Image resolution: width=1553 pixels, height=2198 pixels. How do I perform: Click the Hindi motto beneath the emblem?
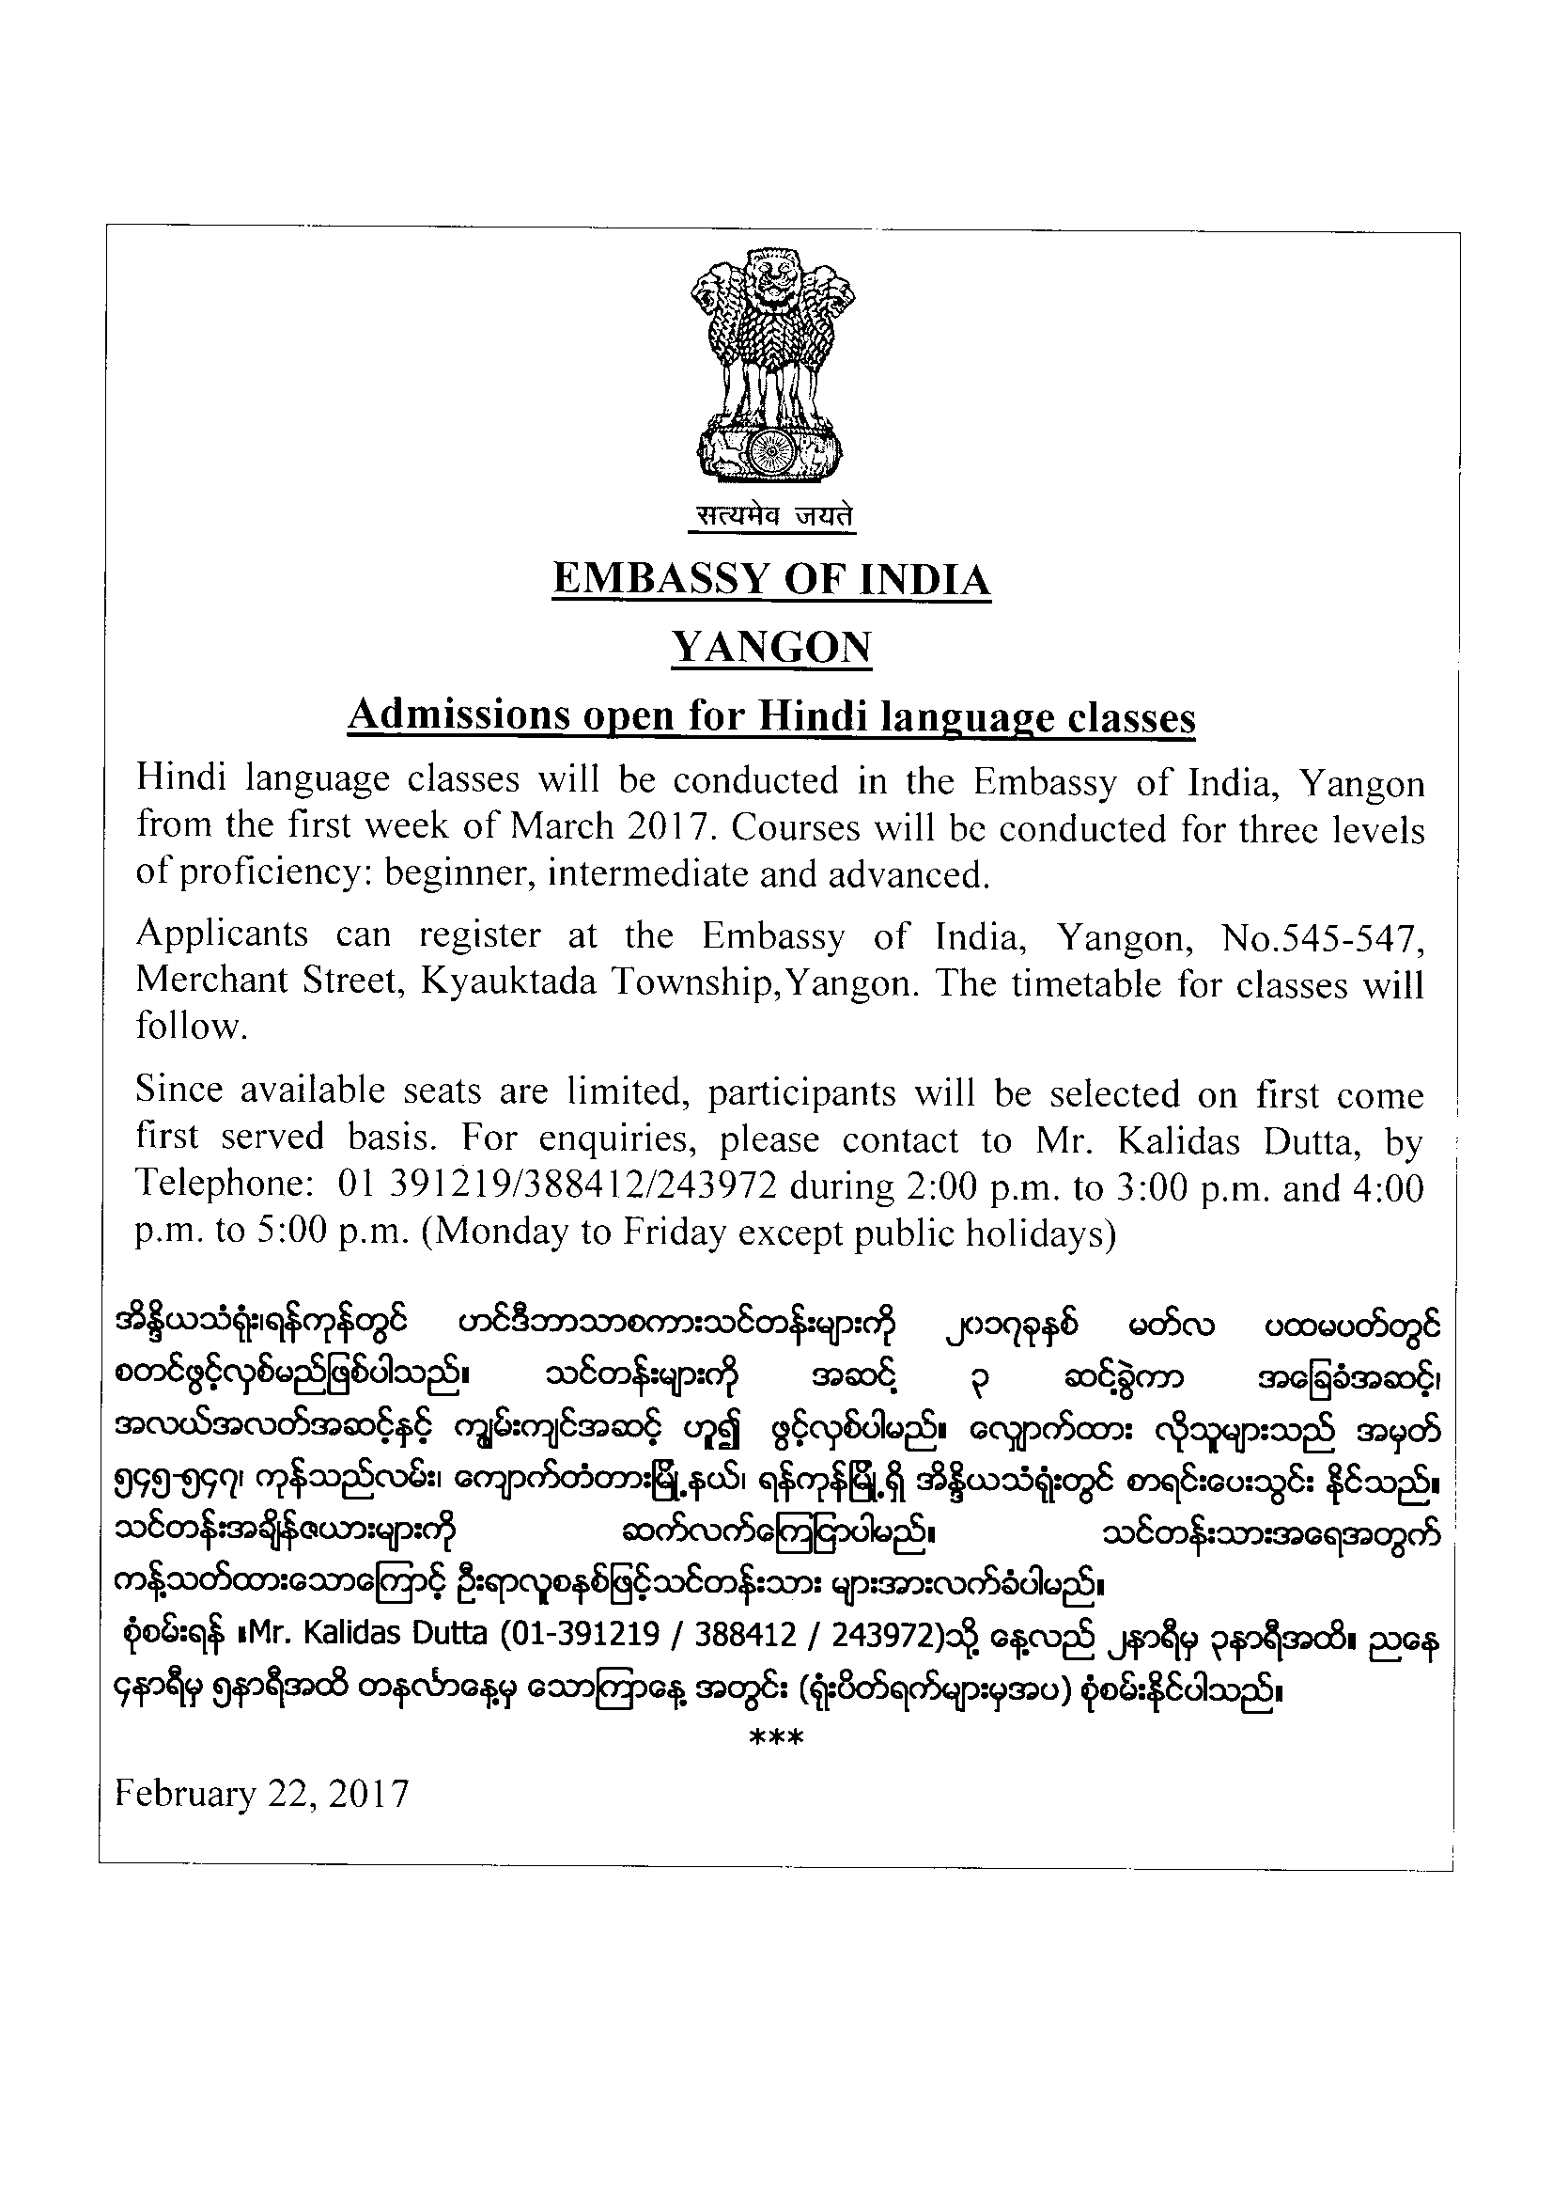(x=772, y=517)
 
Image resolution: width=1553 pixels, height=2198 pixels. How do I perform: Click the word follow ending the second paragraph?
(x=191, y=1027)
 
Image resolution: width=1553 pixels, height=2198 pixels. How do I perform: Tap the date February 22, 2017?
(x=261, y=1793)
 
